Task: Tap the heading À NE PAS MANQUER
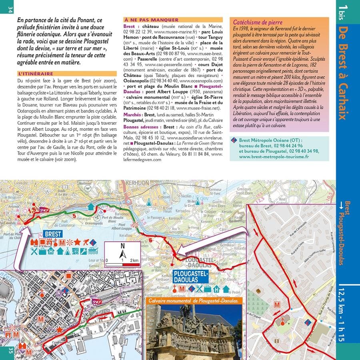click(x=151, y=20)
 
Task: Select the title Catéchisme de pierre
click(x=258, y=23)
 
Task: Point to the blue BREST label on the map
click(x=53, y=234)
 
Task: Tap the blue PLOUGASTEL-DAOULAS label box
click(x=191, y=276)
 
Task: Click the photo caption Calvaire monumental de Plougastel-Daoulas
click(x=193, y=300)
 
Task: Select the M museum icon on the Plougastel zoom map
click(x=276, y=305)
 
